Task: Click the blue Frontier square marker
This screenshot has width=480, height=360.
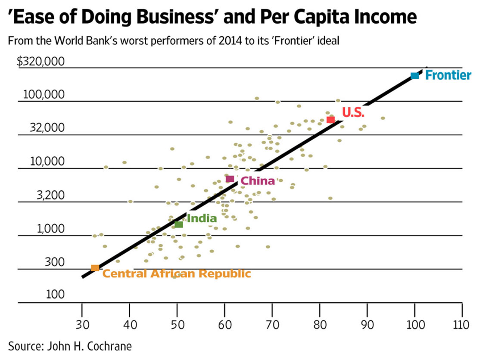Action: (x=415, y=76)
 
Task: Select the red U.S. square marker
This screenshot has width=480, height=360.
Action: (x=330, y=119)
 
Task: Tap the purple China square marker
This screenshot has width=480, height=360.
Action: (x=230, y=179)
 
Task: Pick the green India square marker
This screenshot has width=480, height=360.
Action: (x=178, y=224)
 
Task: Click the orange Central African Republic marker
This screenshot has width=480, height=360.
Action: (x=95, y=268)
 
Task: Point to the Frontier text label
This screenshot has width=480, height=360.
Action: (x=448, y=75)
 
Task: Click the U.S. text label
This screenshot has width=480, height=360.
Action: (x=353, y=113)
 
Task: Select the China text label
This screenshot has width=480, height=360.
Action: (x=258, y=181)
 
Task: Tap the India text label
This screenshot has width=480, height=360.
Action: (x=202, y=218)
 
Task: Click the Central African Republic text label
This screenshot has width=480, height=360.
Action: (x=177, y=273)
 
